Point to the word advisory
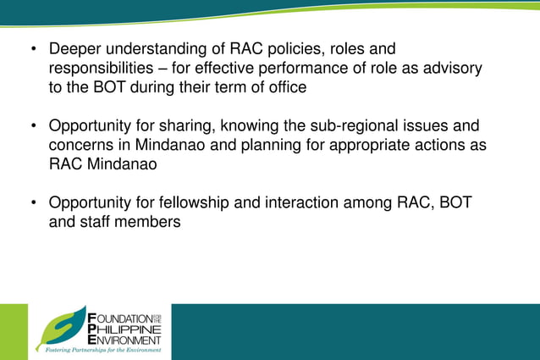tap(450, 69)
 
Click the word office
tap(283, 87)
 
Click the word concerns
tap(83, 145)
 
